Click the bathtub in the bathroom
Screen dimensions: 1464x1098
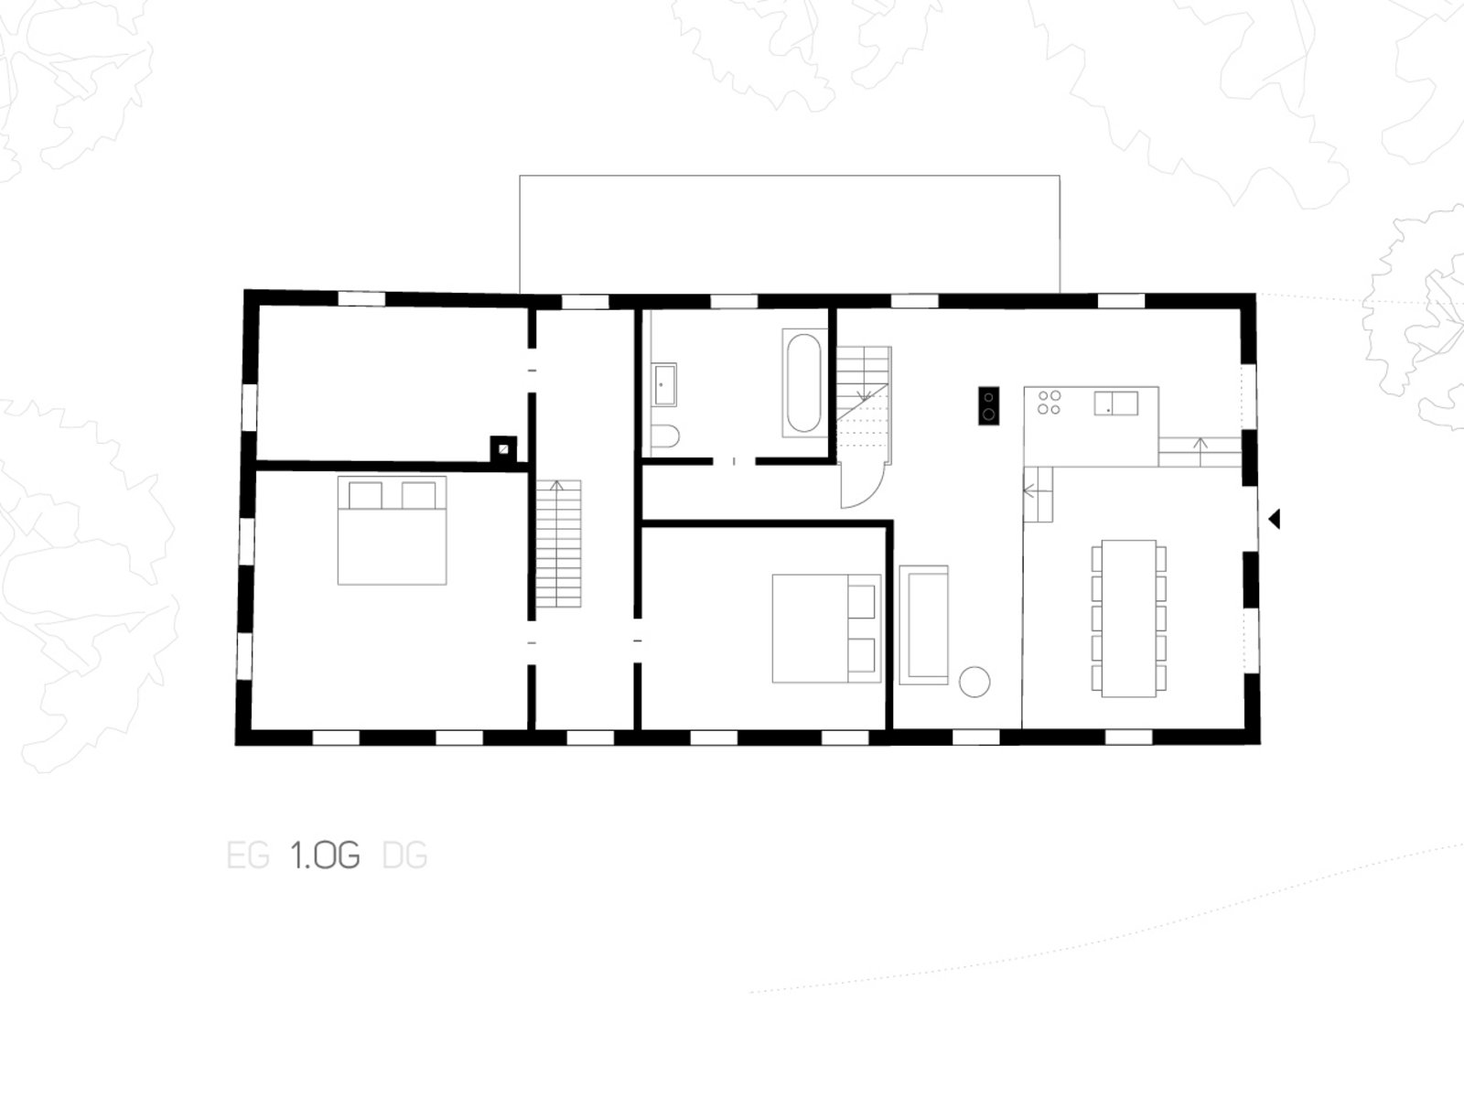tap(804, 382)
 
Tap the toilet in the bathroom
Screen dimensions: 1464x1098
tap(664, 436)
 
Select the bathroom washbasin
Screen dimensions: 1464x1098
tap(664, 384)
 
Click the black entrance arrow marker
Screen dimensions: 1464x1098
tap(1274, 519)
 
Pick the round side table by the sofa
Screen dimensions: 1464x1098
tap(974, 682)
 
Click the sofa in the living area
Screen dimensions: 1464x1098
tap(924, 625)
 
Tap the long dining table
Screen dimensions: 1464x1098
tap(1128, 619)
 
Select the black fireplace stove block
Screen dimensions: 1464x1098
tap(988, 405)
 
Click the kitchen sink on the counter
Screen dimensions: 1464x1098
tap(1115, 404)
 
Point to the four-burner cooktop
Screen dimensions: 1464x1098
tap(1050, 403)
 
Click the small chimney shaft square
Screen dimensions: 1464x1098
tap(503, 448)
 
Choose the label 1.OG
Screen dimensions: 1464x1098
tap(325, 856)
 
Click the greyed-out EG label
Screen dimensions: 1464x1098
tap(248, 856)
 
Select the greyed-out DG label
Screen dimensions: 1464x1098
tap(404, 856)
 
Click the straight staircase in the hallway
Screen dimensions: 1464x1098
tap(558, 544)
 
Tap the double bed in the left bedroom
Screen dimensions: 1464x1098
tap(393, 531)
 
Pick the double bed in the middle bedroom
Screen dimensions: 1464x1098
tap(826, 629)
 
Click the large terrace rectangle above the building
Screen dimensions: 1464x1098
tap(790, 234)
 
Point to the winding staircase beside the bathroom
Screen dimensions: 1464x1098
tap(864, 404)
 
